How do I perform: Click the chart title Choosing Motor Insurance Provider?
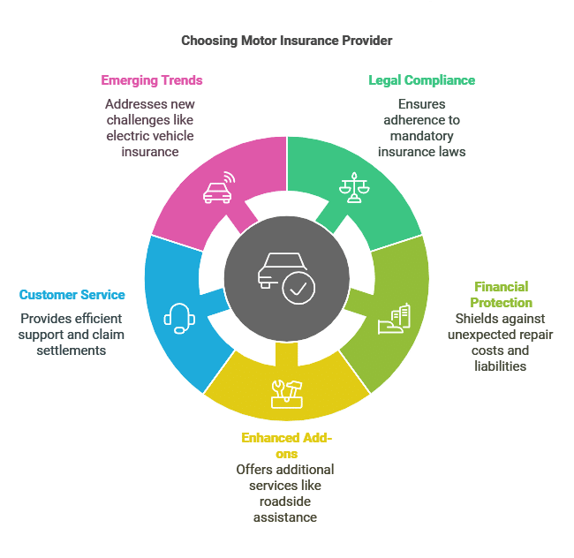[x=287, y=41]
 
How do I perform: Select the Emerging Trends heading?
[x=152, y=80]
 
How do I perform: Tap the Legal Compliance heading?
[x=422, y=80]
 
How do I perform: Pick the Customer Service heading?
[x=72, y=295]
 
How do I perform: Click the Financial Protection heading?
[x=501, y=295]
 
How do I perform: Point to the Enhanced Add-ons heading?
[x=287, y=446]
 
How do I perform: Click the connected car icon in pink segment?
[x=219, y=187]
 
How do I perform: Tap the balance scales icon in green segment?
[x=354, y=187]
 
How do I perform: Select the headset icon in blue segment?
[x=179, y=319]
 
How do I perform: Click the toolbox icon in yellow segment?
[x=287, y=394]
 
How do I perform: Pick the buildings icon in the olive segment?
[x=394, y=319]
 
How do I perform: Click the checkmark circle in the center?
[x=298, y=289]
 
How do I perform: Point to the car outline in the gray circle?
[x=281, y=270]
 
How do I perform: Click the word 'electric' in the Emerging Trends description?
[x=128, y=136]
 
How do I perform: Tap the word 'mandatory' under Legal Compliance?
[x=422, y=136]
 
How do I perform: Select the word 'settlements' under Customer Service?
[x=72, y=351]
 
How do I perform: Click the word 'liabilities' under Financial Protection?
[x=501, y=366]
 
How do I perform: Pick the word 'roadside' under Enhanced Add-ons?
[x=285, y=501]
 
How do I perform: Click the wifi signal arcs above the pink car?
[x=230, y=177]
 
